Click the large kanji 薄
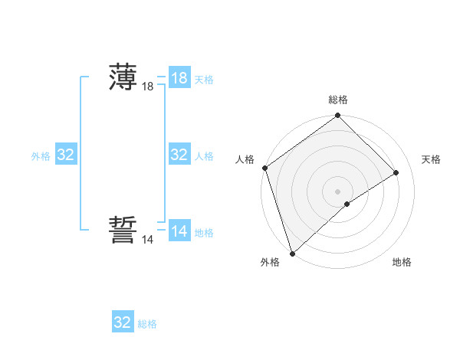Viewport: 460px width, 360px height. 123,77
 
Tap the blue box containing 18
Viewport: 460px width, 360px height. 179,77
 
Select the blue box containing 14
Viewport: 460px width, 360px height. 179,231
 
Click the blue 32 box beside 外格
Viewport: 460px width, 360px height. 66,155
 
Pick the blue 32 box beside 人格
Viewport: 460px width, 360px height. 179,155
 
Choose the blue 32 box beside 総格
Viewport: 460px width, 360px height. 123,322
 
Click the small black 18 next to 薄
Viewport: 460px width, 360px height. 148,87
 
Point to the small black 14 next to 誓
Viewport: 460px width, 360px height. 148,240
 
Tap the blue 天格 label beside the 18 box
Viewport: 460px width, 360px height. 204,79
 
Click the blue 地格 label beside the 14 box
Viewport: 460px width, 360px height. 204,232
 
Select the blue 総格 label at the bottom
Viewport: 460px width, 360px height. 147,324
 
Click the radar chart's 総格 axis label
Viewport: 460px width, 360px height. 338,100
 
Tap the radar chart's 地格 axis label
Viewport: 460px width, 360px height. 402,262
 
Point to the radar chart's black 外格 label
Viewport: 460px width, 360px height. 270,262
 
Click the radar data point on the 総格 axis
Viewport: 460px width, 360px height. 338,116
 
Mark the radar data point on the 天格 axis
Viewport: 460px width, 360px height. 396,172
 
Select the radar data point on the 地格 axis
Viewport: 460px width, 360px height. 347,204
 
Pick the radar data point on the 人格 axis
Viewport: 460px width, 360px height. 264,168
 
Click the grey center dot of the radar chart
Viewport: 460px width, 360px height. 337,191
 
